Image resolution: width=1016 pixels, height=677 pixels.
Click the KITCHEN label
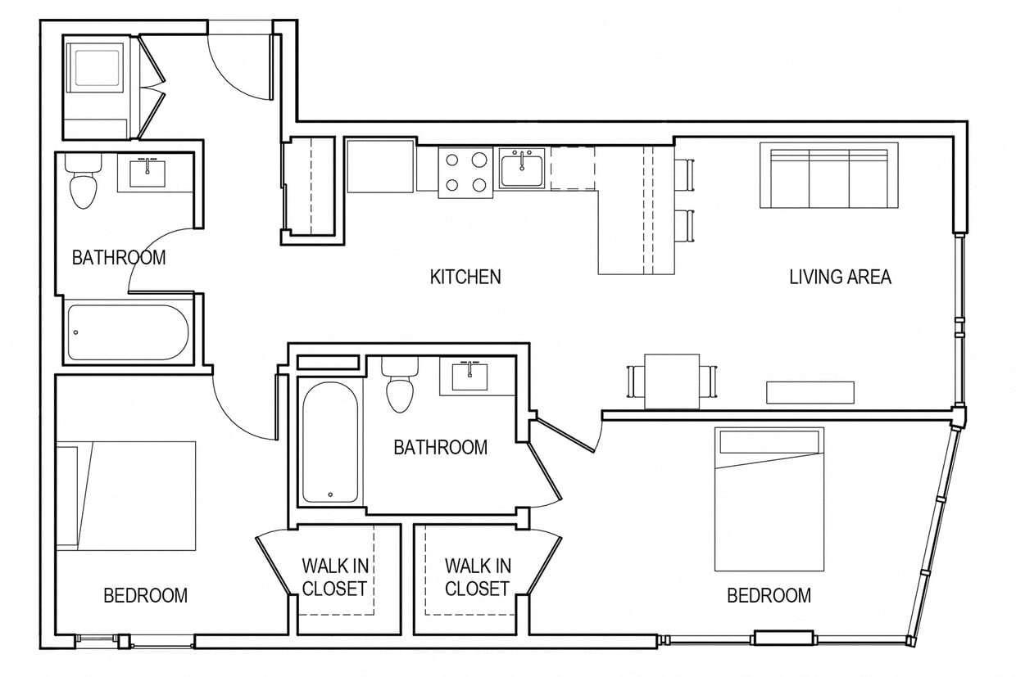[x=465, y=277]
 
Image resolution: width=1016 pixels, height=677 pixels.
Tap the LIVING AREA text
[x=840, y=277]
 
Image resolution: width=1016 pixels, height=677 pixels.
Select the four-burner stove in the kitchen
[x=465, y=172]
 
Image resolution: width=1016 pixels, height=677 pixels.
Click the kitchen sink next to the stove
[x=522, y=169]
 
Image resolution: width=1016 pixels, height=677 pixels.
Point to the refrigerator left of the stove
[x=379, y=165]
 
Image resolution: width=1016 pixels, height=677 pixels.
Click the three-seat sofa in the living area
[x=828, y=175]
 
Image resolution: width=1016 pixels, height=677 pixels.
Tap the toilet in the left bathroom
[x=83, y=183]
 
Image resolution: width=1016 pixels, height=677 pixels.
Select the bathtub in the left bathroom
[x=128, y=332]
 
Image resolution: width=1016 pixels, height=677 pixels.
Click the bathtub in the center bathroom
[x=329, y=442]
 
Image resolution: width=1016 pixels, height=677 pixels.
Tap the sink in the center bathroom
[x=469, y=377]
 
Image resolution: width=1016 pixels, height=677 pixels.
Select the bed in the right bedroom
[x=769, y=499]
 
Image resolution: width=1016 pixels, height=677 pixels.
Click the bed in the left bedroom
[x=126, y=495]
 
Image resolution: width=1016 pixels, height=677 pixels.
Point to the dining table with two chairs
[x=671, y=381]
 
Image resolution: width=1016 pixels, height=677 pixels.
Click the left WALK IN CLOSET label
[x=333, y=577]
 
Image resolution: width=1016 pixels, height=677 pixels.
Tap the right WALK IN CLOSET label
[x=478, y=577]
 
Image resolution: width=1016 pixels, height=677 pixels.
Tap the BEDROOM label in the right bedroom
[x=769, y=595]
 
